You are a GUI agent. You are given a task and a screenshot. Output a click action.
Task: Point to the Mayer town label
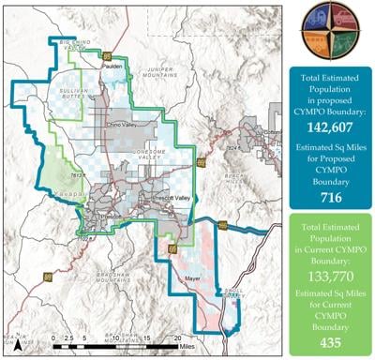(x=193, y=277)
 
